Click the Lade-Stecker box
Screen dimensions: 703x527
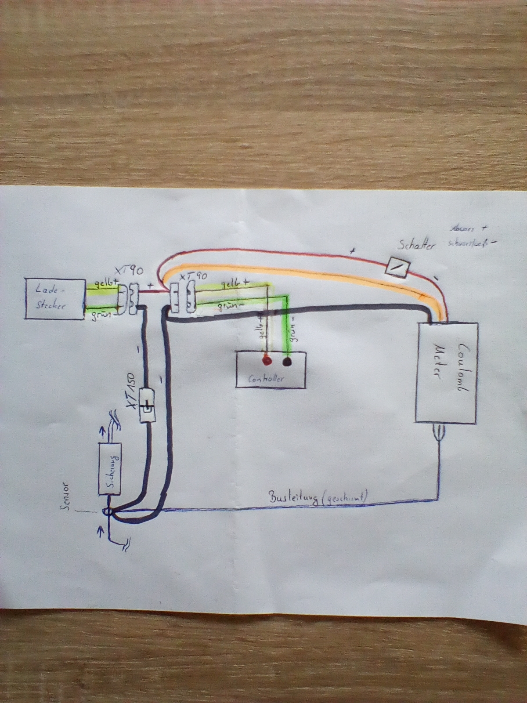[55, 298]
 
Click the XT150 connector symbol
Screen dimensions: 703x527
[147, 405]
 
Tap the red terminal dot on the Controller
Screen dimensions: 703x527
[266, 362]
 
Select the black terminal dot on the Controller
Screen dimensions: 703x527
[287, 362]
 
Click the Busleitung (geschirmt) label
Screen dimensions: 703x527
[319, 497]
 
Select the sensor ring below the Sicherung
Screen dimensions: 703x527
[107, 512]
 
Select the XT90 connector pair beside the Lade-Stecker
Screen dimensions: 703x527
[127, 299]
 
